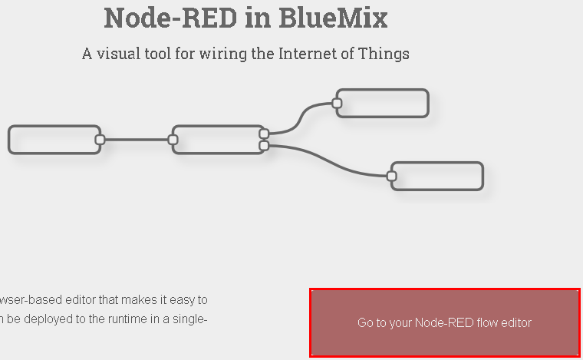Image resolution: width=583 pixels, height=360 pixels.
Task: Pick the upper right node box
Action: tap(384, 104)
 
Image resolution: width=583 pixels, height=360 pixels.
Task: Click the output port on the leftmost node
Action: tap(100, 140)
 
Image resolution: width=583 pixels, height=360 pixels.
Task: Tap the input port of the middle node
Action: tap(173, 140)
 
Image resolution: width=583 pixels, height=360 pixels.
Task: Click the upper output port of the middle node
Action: tap(264, 134)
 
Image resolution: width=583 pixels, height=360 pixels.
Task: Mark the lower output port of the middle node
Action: tap(264, 145)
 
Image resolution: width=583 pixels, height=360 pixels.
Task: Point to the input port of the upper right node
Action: tap(337, 103)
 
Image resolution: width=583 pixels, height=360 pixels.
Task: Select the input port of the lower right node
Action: tap(391, 176)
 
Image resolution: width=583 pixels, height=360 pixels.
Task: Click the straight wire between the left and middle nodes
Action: tap(136, 140)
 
